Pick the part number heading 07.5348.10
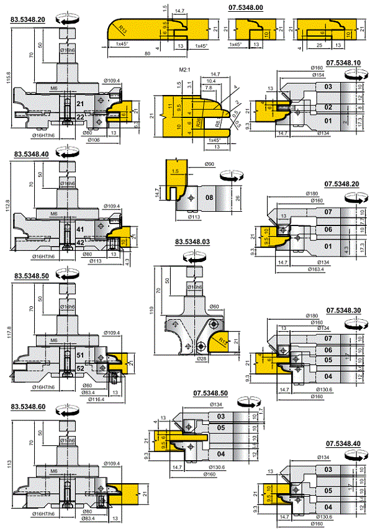[343, 63]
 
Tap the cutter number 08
[209, 199]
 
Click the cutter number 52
[80, 368]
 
